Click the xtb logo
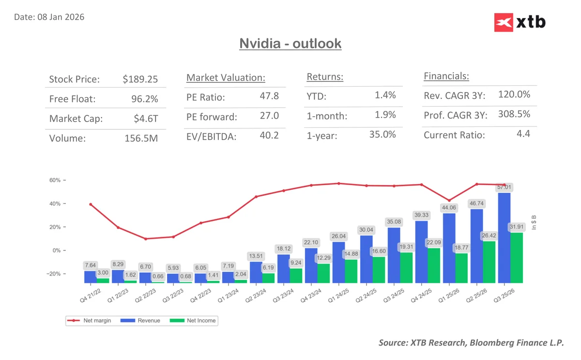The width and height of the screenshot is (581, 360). (520, 22)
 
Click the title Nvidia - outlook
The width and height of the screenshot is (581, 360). (290, 44)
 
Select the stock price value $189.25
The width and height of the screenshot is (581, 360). (140, 79)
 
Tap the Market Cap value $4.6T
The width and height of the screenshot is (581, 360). (146, 119)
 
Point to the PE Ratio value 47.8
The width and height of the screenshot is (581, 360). (269, 96)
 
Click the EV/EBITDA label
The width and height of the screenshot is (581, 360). (212, 137)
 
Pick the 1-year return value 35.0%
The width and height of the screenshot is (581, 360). (382, 134)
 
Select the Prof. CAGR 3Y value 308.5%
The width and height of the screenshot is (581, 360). (514, 114)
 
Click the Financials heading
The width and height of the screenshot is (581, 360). (446, 76)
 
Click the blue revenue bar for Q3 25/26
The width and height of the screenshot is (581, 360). (504, 237)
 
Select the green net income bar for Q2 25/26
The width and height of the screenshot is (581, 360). (489, 262)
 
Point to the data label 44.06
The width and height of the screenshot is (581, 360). (448, 207)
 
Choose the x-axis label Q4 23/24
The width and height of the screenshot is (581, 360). (310, 294)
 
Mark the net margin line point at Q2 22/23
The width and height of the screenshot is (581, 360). (145, 239)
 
